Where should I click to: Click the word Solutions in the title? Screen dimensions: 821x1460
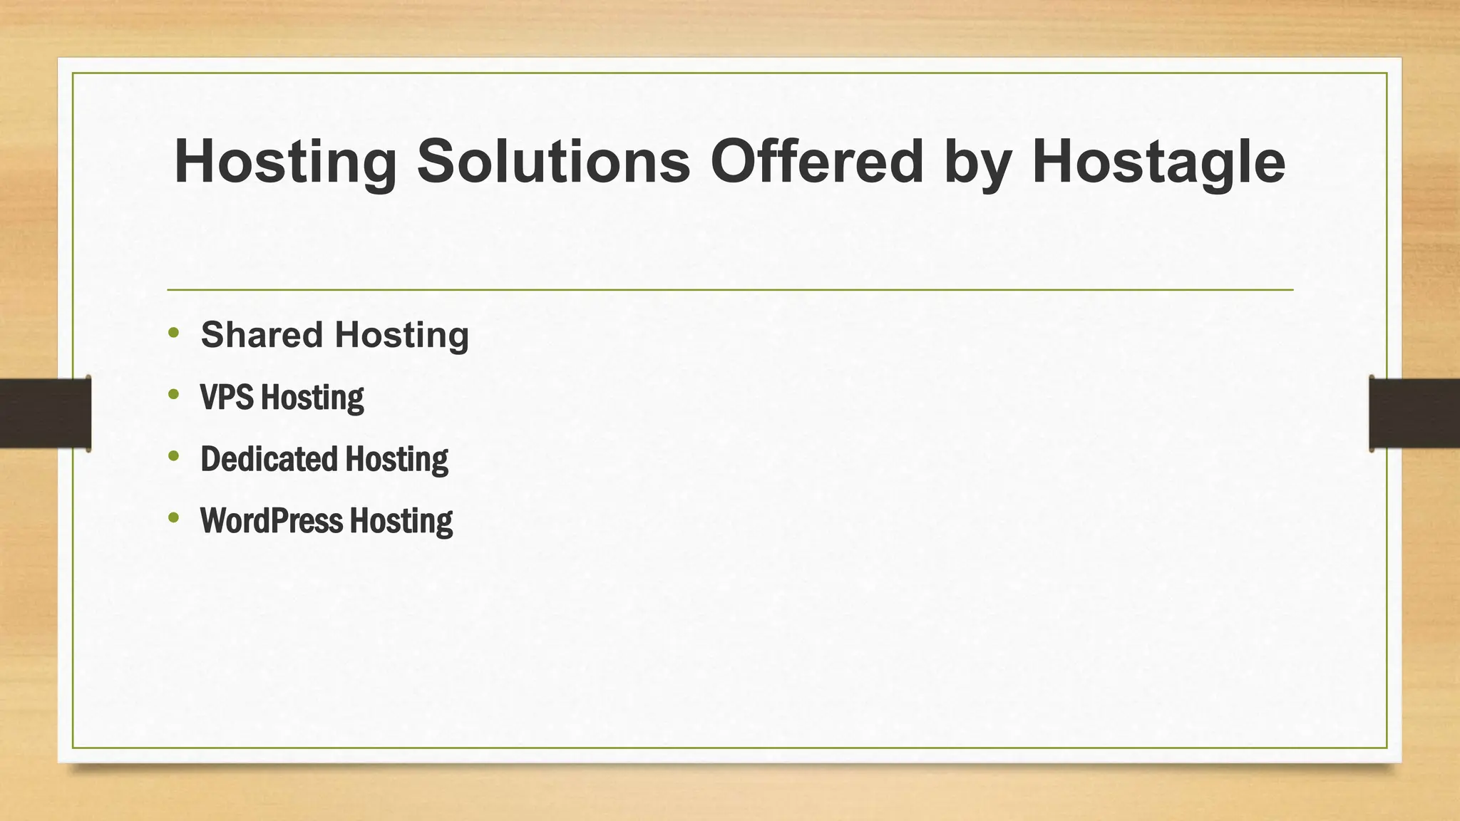tap(553, 161)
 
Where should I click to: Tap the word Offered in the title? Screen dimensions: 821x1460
tap(817, 161)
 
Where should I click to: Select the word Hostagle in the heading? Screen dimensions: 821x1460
tap(1158, 162)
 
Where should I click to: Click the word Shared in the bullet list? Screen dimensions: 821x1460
tap(262, 335)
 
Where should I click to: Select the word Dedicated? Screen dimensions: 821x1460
tap(269, 459)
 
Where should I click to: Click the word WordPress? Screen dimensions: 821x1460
tap(272, 521)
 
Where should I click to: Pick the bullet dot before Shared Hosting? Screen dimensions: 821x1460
tap(174, 332)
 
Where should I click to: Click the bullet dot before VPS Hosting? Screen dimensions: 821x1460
tap(174, 394)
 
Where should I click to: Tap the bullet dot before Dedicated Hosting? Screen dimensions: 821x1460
tap(174, 455)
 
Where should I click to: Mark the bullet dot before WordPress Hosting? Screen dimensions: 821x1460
tap(174, 517)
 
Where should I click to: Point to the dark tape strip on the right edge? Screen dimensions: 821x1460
tap(1414, 413)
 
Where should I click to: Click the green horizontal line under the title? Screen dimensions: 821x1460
tap(730, 290)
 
